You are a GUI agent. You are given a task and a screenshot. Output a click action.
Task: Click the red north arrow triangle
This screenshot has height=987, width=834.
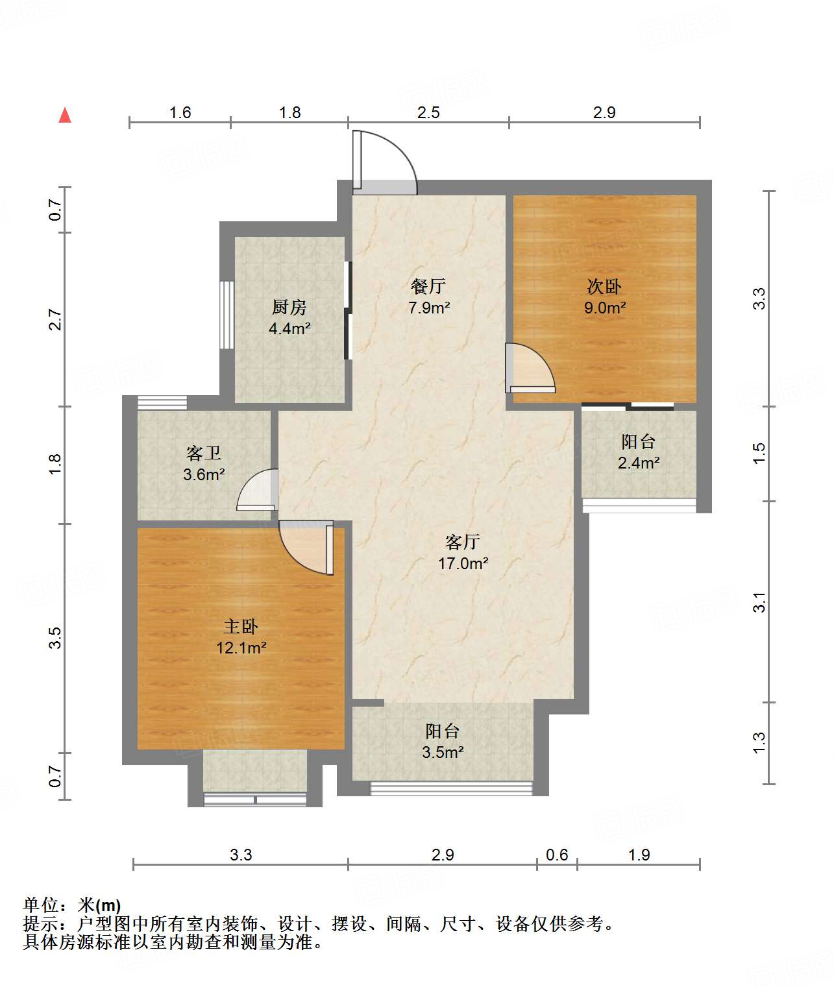(65, 116)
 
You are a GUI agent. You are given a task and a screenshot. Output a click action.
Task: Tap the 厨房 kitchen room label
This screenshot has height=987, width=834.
(289, 307)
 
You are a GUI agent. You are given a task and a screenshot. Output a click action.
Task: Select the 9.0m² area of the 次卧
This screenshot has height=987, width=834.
(605, 308)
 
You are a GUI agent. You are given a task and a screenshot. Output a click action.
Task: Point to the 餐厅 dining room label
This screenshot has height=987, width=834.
(428, 286)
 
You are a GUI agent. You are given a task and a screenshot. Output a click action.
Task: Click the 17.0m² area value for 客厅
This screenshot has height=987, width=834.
(463, 563)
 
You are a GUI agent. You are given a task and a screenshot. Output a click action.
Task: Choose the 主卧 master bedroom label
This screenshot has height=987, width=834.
(241, 627)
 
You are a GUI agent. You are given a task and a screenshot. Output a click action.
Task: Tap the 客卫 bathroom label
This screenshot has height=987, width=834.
(204, 454)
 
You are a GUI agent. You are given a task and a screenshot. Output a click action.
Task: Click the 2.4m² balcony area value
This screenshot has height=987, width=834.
(638, 463)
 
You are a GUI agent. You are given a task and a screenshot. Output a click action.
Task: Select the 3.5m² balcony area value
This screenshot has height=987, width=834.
(443, 752)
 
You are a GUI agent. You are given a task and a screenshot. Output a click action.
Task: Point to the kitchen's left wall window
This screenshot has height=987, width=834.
(227, 315)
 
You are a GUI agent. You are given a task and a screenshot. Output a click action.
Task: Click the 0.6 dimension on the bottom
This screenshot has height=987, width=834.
(557, 855)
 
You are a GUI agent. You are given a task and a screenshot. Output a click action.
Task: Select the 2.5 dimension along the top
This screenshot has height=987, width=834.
(428, 112)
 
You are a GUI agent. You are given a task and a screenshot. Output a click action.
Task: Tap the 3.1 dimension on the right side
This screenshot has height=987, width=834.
(759, 602)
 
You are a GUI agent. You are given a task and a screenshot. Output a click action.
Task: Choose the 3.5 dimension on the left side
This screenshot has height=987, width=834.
(55, 638)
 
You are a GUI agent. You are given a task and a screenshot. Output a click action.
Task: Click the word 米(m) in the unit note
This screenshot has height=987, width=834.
(99, 905)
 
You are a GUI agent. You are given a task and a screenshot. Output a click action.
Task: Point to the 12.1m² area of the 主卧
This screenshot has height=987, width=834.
(241, 648)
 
